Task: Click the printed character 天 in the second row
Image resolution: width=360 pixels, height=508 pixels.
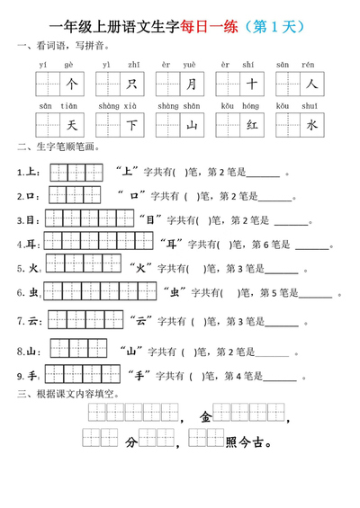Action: point(73,126)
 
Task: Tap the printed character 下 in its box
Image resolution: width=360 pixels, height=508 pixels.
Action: point(132,126)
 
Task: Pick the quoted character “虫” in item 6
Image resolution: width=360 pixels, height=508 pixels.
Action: point(174,292)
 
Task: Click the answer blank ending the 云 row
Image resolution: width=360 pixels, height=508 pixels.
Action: point(281,322)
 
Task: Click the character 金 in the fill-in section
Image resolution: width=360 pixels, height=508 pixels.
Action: point(207,416)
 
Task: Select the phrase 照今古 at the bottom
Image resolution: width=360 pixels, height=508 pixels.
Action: point(248,442)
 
